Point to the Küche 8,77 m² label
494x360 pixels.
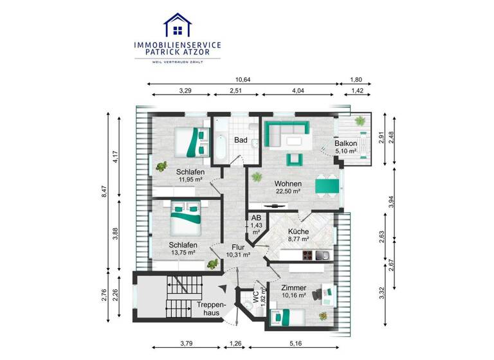tap(298, 235)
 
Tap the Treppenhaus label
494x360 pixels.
tap(210, 309)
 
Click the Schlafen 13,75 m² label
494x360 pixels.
tap(183, 249)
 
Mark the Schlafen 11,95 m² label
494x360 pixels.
tap(190, 175)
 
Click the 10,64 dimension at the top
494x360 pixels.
tap(242, 80)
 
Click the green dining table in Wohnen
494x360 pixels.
tap(327, 186)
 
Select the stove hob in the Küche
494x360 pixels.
tap(307, 256)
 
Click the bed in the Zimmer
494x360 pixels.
tap(288, 316)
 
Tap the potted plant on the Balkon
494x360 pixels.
tap(361, 120)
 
